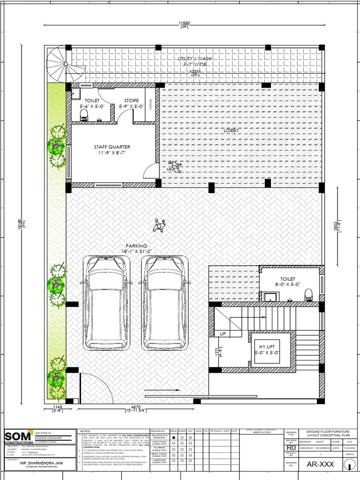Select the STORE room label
[132, 100]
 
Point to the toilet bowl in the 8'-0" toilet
[308, 294]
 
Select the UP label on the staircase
[223, 334]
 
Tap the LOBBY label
[232, 130]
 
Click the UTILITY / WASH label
[195, 58]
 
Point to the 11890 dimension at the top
[184, 23]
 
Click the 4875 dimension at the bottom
[136, 407]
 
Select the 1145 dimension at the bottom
[58, 407]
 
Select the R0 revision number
[291, 448]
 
